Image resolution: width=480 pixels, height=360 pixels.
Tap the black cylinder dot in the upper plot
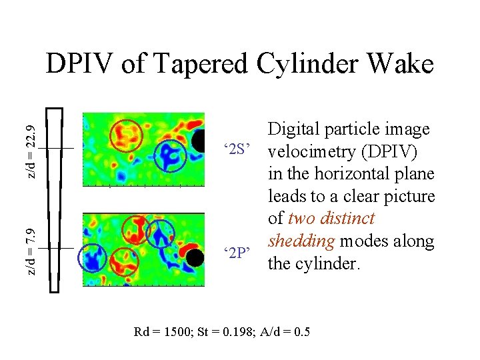[x=199, y=141]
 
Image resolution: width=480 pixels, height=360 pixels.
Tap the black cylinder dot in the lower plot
[x=195, y=257]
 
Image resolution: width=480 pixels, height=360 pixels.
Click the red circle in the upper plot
[x=126, y=135]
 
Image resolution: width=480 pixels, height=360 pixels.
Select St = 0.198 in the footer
[x=223, y=332]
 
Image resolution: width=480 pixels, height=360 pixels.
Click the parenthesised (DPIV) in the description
[x=391, y=151]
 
